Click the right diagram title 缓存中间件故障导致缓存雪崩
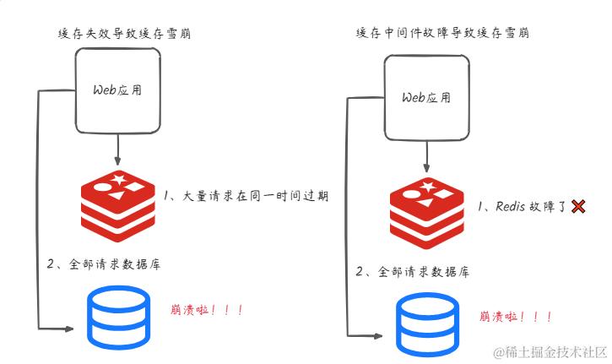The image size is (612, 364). pyautogui.click(x=444, y=33)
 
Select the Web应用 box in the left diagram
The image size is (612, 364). pyautogui.click(x=117, y=90)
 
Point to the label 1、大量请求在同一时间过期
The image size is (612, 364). pyautogui.click(x=246, y=196)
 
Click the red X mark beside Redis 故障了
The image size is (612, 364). pyautogui.click(x=578, y=206)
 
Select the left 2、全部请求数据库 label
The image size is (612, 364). pyautogui.click(x=104, y=264)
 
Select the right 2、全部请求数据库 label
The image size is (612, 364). pyautogui.click(x=413, y=272)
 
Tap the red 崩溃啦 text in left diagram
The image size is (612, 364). pyautogui.click(x=207, y=310)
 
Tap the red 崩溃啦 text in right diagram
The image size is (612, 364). pyautogui.click(x=516, y=317)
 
